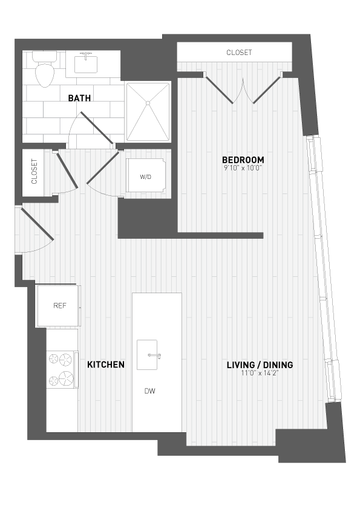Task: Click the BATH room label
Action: tap(79, 98)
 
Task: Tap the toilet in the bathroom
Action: tap(44, 72)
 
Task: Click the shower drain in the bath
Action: tap(146, 105)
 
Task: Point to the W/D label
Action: tap(146, 177)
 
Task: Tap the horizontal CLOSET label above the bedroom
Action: tap(239, 53)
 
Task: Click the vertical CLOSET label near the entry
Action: tap(34, 172)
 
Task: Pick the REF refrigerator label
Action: tap(59, 305)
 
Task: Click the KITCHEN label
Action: tap(106, 365)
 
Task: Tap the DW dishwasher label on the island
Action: tap(149, 391)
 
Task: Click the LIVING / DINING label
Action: tap(260, 365)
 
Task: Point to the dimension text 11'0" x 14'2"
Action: tap(260, 373)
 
